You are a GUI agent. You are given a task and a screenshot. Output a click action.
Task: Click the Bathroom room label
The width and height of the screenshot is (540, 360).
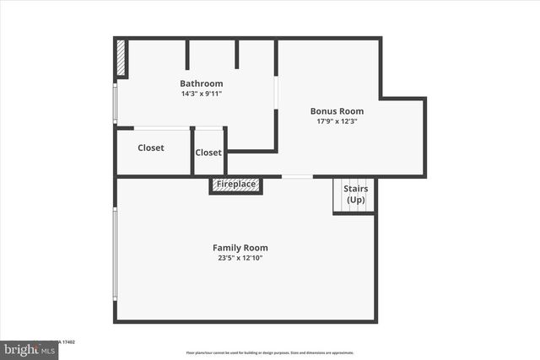click(201, 83)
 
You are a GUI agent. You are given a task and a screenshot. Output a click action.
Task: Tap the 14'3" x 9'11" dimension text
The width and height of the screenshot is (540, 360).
click(201, 94)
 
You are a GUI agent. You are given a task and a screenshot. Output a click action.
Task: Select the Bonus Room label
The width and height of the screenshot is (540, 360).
click(337, 110)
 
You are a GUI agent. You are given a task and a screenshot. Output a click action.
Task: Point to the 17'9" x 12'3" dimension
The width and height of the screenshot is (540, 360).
click(337, 121)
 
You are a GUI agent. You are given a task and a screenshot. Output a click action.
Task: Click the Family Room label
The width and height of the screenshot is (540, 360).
click(240, 248)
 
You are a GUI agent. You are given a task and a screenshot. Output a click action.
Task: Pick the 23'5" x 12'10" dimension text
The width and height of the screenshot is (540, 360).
click(240, 258)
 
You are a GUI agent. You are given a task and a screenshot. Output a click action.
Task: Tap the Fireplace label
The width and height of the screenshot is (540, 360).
click(236, 184)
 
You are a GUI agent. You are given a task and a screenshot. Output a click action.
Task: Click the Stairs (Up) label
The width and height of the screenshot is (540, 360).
click(355, 195)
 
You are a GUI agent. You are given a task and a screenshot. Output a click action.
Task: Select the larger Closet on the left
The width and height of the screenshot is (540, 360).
click(151, 148)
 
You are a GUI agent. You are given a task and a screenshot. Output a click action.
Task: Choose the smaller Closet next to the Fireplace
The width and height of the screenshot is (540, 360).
click(208, 153)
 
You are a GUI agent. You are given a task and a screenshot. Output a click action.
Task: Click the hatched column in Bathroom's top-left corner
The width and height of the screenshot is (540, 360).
click(121, 59)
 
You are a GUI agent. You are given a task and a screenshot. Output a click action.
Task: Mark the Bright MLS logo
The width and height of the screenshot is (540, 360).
click(29, 348)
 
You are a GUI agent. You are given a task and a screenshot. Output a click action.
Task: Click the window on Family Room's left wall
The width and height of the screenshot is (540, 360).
click(116, 253)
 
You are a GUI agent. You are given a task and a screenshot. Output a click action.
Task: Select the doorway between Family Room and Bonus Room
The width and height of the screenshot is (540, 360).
click(296, 177)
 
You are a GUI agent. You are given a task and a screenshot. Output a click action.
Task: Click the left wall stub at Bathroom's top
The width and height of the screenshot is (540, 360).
click(186, 54)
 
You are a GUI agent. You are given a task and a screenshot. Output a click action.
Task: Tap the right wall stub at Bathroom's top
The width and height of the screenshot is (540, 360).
click(237, 54)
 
